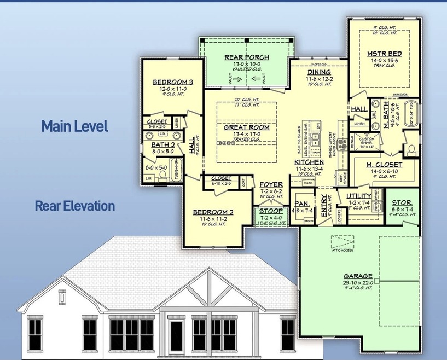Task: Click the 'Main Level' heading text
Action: pyautogui.click(x=74, y=126)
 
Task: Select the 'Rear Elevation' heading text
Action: pyautogui.click(x=74, y=206)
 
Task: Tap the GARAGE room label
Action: pyautogui.click(x=358, y=276)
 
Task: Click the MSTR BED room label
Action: pyautogui.click(x=385, y=54)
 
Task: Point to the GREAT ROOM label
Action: pyautogui.click(x=247, y=127)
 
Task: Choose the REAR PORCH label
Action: pyautogui.click(x=246, y=57)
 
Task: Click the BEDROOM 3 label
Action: pyautogui.click(x=169, y=82)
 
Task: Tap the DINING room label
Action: pyautogui.click(x=318, y=72)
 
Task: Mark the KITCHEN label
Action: pyautogui.click(x=310, y=162)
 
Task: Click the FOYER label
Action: pyautogui.click(x=271, y=184)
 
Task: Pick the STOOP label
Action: pyautogui.click(x=271, y=211)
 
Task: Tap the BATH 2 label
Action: pyautogui.click(x=162, y=145)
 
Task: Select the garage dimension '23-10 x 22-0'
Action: pyautogui.click(x=358, y=282)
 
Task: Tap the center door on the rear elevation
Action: pyautogui.click(x=176, y=335)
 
